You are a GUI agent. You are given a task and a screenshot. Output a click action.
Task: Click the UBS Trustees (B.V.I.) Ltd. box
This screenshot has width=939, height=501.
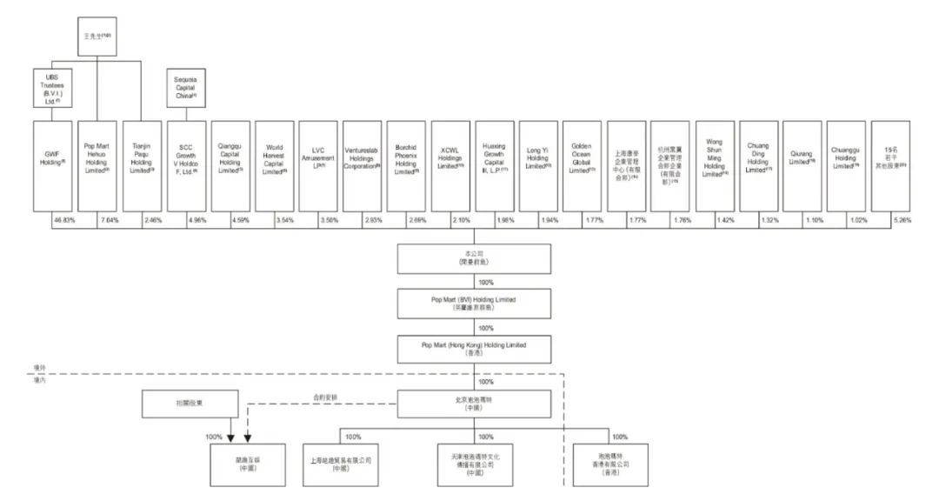[53, 88]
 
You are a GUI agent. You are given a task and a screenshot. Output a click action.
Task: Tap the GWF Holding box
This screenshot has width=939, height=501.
[53, 165]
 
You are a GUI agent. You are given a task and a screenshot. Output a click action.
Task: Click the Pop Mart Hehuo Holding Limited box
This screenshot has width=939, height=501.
[97, 165]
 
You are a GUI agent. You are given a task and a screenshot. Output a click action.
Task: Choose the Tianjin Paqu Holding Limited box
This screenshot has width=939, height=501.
[141, 165]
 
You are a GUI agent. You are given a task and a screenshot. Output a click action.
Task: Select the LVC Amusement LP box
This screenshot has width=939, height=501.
[317, 165]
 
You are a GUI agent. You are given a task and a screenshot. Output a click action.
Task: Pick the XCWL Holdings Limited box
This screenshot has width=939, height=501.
[452, 165]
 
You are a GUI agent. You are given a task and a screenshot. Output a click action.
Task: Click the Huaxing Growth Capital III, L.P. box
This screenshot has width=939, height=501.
[496, 165]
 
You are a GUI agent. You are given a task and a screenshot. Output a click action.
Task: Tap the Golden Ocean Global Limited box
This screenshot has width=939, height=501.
[583, 165]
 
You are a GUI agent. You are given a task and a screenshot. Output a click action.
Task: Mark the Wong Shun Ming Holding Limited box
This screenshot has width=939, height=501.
[716, 165]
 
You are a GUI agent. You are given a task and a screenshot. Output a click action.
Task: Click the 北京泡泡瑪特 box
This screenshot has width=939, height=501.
[474, 403]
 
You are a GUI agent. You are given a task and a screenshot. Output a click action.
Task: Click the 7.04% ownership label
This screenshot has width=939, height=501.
[108, 221]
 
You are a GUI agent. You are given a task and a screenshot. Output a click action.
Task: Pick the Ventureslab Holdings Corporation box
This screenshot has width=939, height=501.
[362, 165]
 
